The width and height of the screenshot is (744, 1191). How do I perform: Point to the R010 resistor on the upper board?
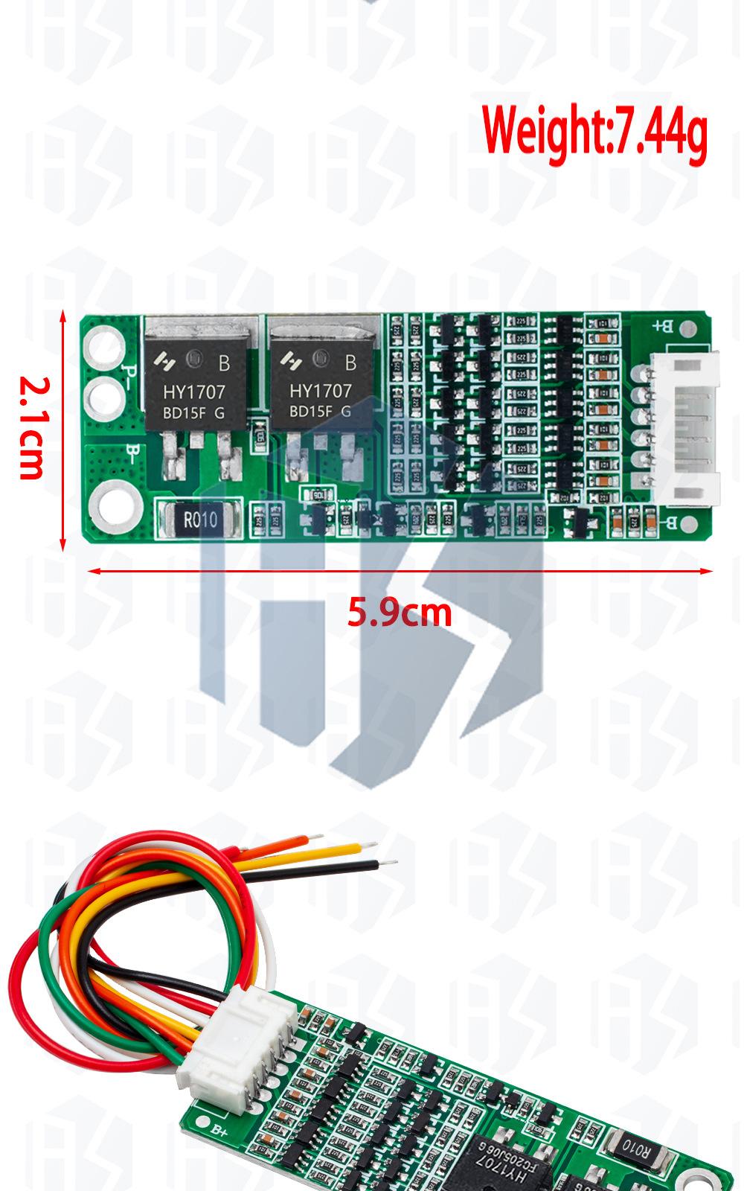pos(199,519)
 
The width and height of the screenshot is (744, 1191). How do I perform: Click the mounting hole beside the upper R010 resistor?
pos(116,508)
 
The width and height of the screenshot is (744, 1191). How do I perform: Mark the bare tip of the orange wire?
pos(314,838)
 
